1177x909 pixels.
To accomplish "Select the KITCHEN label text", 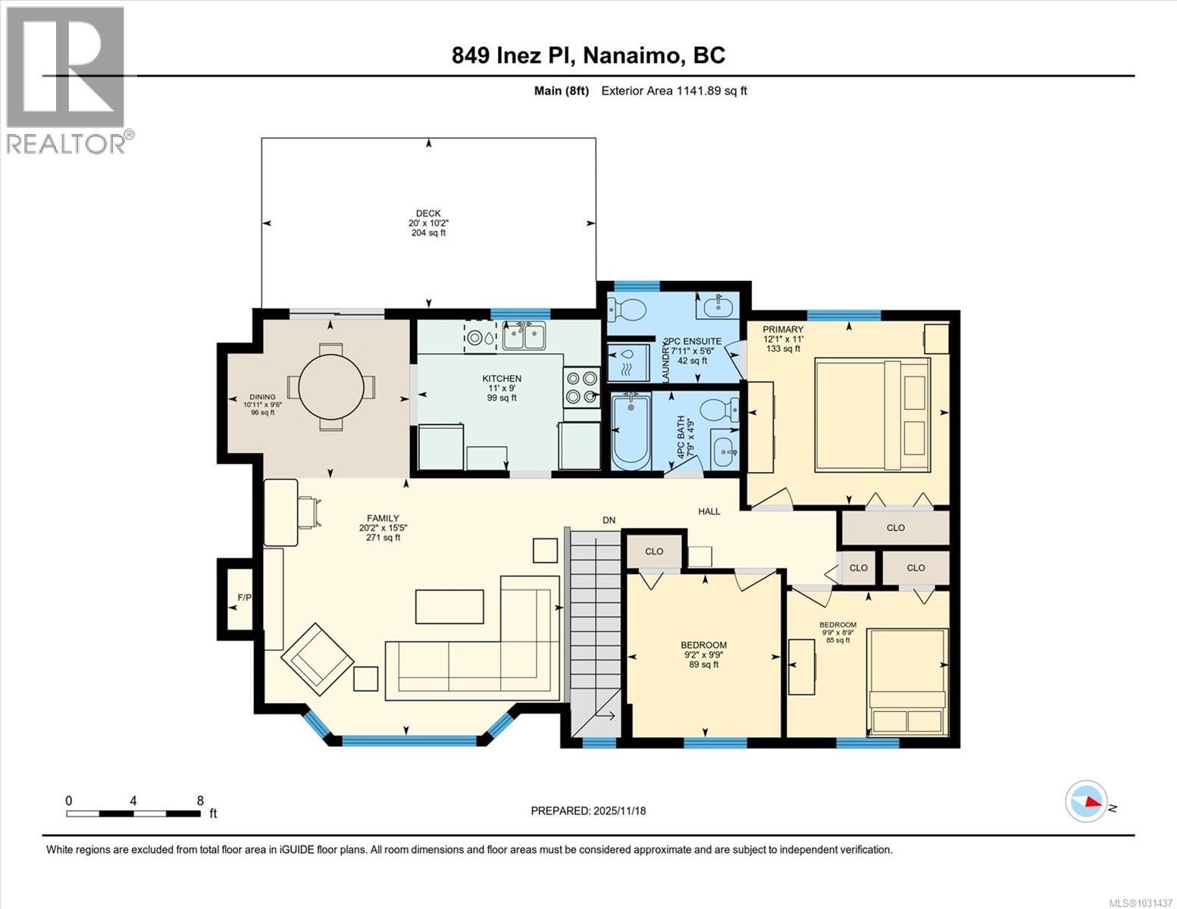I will coord(502,379).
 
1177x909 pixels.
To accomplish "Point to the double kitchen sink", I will coord(523,336).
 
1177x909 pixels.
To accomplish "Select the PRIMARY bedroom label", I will coord(783,330).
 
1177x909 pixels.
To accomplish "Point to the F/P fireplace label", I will coord(244,598).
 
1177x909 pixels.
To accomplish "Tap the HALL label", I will coord(709,511).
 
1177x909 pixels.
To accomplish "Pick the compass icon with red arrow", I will coord(1086,801).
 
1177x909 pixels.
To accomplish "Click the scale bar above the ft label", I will coord(133,814).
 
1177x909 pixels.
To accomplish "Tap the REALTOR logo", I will coord(67,80).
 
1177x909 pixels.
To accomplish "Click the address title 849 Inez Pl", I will coord(588,55).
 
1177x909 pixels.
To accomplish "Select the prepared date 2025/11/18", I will coord(588,811).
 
